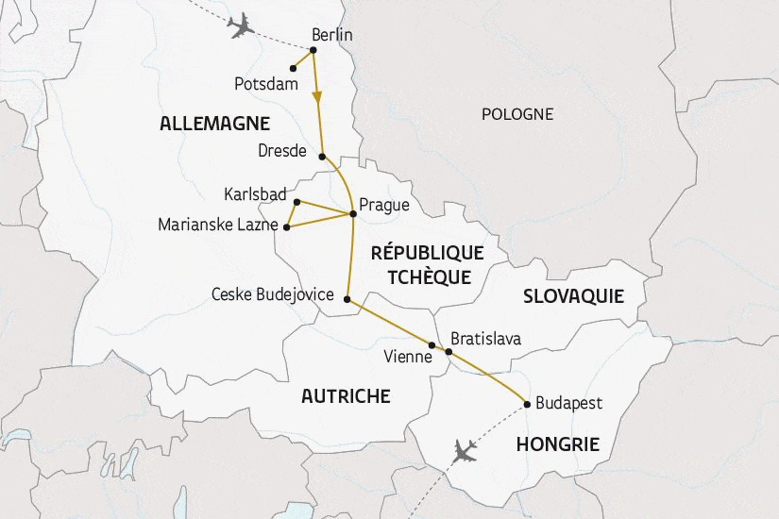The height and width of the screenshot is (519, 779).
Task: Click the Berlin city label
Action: (331, 35)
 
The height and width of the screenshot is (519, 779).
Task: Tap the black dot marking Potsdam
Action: (292, 68)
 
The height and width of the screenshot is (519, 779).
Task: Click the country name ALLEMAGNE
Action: (215, 124)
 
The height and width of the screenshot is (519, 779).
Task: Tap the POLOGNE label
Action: (517, 114)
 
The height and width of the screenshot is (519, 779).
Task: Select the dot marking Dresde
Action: (322, 157)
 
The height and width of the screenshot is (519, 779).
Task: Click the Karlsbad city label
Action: (255, 193)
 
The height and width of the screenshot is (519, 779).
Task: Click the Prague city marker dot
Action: (352, 214)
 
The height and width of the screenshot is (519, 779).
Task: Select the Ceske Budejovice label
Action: (273, 295)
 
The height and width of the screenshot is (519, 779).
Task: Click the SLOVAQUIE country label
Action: (573, 296)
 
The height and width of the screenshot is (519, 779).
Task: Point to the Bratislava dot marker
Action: (449, 353)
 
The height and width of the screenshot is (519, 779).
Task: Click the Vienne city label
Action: (409, 358)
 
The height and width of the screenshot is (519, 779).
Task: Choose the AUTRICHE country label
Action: (346, 396)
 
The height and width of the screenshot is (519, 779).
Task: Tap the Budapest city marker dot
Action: (526, 404)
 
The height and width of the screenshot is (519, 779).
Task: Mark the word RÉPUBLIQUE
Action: (427, 253)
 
